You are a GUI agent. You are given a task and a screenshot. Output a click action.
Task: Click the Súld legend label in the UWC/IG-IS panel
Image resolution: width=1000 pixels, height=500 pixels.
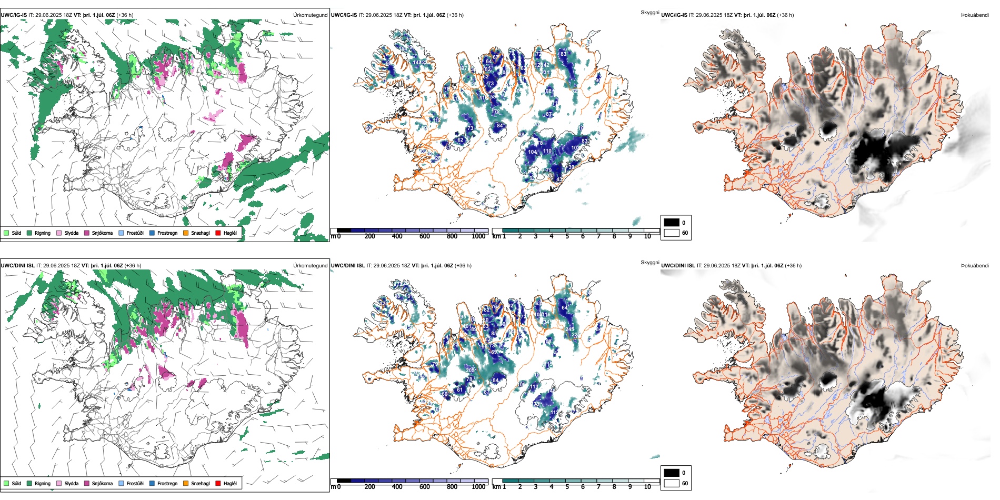(16, 233)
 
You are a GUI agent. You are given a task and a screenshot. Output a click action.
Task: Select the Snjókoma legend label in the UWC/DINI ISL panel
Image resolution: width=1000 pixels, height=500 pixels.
(102, 484)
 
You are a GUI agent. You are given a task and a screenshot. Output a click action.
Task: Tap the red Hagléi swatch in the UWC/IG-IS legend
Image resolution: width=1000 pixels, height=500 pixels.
(218, 233)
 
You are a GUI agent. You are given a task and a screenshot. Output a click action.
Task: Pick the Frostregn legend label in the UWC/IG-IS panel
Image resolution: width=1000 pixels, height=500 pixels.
(167, 233)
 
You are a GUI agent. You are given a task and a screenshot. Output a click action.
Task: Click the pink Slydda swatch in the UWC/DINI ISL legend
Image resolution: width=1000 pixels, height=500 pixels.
(59, 484)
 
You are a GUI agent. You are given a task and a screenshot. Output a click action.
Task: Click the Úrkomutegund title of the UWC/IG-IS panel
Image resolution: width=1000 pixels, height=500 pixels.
(310, 15)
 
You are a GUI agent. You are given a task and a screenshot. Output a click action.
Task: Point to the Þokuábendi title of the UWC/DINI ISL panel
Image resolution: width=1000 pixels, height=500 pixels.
(975, 266)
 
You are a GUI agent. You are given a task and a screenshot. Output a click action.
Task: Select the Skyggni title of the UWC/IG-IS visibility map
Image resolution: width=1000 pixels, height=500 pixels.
(649, 12)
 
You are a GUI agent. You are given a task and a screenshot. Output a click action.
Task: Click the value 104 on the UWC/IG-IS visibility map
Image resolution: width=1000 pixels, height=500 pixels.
(533, 152)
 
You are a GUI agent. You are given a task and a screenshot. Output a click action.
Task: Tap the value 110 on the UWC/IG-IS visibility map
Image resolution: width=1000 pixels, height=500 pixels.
(547, 151)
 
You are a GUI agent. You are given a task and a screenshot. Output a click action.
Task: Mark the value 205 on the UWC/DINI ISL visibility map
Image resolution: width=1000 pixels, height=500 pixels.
(471, 371)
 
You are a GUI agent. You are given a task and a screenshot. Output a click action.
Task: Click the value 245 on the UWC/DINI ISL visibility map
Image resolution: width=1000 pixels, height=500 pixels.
(569, 329)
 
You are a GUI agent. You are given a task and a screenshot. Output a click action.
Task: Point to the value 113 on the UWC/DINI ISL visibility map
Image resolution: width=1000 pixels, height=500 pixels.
(534, 387)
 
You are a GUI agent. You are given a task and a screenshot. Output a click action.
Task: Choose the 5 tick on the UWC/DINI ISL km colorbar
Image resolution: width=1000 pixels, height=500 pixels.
(567, 487)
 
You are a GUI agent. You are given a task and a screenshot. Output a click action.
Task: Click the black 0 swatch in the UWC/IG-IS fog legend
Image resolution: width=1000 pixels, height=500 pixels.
(672, 223)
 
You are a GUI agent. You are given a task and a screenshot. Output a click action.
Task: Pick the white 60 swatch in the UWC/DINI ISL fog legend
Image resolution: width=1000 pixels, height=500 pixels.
(672, 483)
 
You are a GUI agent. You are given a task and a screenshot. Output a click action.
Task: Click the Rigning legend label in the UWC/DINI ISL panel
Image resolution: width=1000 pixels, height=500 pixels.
(43, 484)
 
